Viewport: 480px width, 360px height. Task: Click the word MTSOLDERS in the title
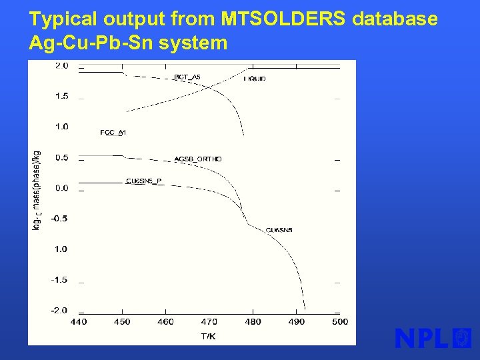[x=283, y=19]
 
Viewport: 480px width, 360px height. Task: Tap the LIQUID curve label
[x=255, y=79]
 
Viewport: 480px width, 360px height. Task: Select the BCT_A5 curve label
[x=187, y=77]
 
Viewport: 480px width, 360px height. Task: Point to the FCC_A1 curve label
[x=113, y=133]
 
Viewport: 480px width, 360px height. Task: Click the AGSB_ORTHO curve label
[x=198, y=159]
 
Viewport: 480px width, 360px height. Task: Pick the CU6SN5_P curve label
[x=144, y=181]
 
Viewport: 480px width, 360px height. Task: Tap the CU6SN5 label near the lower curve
[x=279, y=231]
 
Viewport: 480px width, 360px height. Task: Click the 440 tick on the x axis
[x=78, y=322]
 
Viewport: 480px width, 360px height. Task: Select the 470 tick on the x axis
[x=209, y=322]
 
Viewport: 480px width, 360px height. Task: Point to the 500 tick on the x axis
[x=339, y=322]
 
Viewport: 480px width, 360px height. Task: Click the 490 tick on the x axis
[x=296, y=322]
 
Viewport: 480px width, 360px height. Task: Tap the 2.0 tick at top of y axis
[x=61, y=66]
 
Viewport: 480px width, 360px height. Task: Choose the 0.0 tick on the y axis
[x=61, y=188]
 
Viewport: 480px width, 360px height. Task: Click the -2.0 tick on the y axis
[x=61, y=311]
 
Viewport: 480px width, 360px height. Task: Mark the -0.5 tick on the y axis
[x=61, y=219]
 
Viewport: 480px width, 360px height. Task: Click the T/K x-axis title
[x=208, y=337]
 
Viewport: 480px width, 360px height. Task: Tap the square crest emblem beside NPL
[x=462, y=338]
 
